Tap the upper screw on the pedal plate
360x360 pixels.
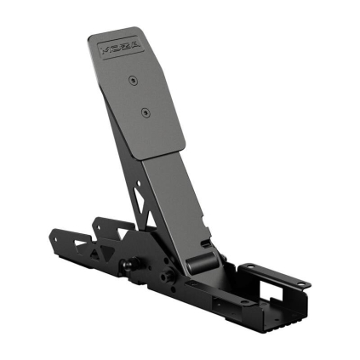(133, 80)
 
